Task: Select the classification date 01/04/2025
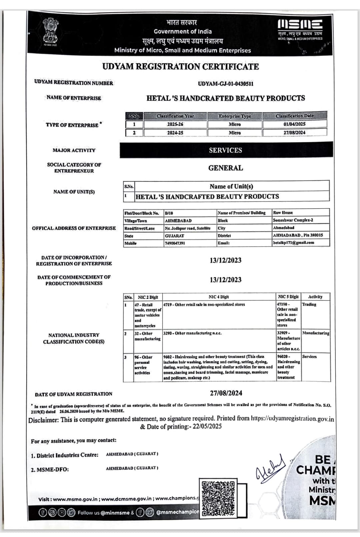pyautogui.click(x=294, y=124)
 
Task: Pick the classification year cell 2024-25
pyautogui.click(x=175, y=133)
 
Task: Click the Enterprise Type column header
pyautogui.click(x=235, y=116)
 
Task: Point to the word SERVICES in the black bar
pyautogui.click(x=225, y=150)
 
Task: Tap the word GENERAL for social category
pyautogui.click(x=225, y=168)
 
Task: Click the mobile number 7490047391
pyautogui.click(x=175, y=243)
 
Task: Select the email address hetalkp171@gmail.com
pyautogui.click(x=293, y=242)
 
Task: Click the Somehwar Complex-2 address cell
pyautogui.click(x=293, y=220)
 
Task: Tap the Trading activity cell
pyautogui.click(x=309, y=305)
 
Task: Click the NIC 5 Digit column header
pyautogui.click(x=288, y=297)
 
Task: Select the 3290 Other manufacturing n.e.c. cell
pyautogui.click(x=192, y=333)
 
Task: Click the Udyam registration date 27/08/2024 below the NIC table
pyautogui.click(x=226, y=393)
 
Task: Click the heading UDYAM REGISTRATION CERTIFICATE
pyautogui.click(x=180, y=67)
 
